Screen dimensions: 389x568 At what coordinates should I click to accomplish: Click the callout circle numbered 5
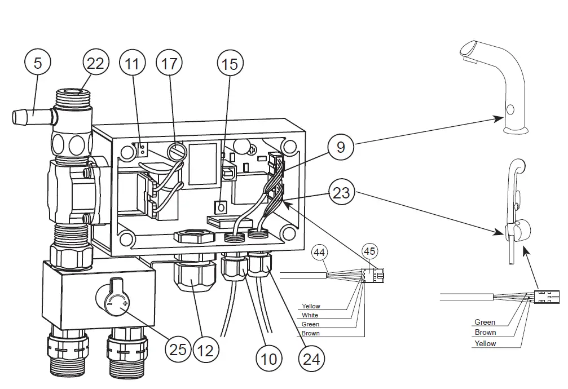tap(37, 63)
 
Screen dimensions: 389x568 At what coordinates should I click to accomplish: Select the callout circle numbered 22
tap(95, 63)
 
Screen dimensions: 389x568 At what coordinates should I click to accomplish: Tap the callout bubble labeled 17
tap(170, 63)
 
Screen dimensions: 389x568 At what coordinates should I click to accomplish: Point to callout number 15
tap(230, 64)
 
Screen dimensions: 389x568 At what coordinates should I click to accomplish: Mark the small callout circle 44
tap(320, 253)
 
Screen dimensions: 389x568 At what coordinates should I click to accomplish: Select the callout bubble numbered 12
tap(205, 350)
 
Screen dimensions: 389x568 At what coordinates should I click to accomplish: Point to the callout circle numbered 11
tap(132, 63)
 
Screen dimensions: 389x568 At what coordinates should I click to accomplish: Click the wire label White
tap(310, 316)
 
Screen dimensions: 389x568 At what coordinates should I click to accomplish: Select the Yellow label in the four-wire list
tap(311, 307)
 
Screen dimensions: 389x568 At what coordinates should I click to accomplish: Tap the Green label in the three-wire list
tap(485, 322)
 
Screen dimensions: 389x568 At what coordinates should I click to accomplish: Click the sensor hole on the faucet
tap(510, 109)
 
